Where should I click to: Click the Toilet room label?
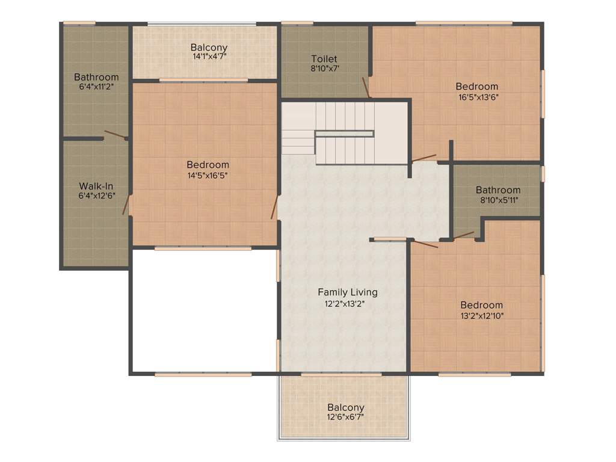tap(324, 59)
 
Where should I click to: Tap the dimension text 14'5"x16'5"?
tap(208, 176)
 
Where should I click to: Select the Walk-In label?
tap(96, 186)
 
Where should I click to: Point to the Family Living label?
tap(348, 292)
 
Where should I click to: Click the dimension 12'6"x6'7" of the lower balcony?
tap(346, 417)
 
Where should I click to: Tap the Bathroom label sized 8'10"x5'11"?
tap(498, 190)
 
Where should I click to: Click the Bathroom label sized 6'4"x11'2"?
tap(96, 77)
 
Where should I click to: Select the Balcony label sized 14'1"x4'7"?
tap(209, 47)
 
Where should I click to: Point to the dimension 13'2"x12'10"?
tap(482, 315)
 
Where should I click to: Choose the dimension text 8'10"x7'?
tap(325, 69)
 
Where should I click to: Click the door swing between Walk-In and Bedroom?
tap(126, 205)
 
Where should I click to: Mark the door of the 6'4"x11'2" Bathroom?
tap(115, 135)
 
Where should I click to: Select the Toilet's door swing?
tap(365, 87)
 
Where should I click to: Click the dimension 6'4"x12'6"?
tap(96, 196)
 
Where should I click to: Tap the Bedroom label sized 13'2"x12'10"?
tap(482, 305)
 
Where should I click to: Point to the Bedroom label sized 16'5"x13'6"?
tap(477, 86)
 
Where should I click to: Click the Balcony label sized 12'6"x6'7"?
tap(346, 407)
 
